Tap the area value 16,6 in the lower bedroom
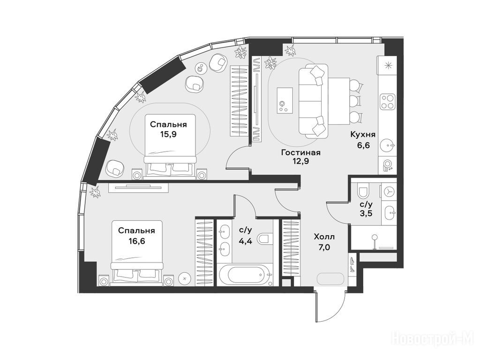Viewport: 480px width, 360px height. click(x=136, y=241)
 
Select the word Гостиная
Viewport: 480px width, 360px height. click(x=300, y=152)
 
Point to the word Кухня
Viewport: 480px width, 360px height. click(x=363, y=135)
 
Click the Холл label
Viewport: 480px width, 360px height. click(x=324, y=237)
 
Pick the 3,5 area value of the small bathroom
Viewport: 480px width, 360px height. click(x=366, y=213)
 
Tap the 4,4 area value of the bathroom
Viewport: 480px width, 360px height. click(x=246, y=241)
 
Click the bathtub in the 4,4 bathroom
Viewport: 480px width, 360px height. click(x=245, y=275)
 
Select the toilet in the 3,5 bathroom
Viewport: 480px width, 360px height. click(x=363, y=191)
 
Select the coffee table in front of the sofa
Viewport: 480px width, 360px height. click(x=285, y=100)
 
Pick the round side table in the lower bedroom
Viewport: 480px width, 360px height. click(x=185, y=278)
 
